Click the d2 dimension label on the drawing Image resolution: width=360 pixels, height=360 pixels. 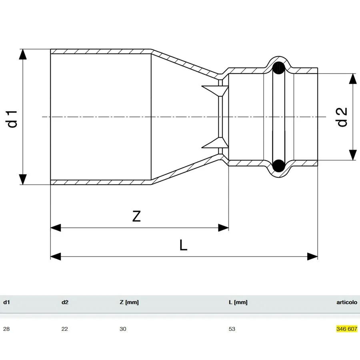(x=342, y=117)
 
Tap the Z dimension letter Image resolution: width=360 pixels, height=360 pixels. (x=136, y=216)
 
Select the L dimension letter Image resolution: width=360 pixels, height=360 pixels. (x=183, y=245)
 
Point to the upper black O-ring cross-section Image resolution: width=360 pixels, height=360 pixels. (x=279, y=68)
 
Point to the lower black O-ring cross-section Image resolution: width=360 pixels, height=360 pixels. (x=279, y=166)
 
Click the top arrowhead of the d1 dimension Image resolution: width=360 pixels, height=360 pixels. (x=22, y=54)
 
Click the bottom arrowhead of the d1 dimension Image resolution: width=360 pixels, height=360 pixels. (x=22, y=179)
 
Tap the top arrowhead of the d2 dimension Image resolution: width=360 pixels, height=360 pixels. (x=353, y=79)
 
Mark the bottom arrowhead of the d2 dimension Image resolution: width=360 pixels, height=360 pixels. (x=353, y=155)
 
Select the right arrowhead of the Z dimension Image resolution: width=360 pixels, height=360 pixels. (x=223, y=228)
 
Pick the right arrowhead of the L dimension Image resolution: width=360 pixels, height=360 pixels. (x=312, y=256)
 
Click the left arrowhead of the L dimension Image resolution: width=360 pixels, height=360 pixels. (x=56, y=256)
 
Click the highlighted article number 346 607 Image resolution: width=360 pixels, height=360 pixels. (x=347, y=329)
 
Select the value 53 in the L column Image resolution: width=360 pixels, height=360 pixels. (x=232, y=329)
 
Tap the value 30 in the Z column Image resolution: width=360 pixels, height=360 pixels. (x=123, y=329)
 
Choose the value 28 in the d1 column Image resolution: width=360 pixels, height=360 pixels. (x=6, y=329)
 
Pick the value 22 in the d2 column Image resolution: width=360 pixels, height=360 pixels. (x=65, y=329)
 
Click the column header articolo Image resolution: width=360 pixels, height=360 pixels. (x=347, y=302)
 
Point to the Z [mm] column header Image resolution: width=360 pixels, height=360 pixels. (x=129, y=302)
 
